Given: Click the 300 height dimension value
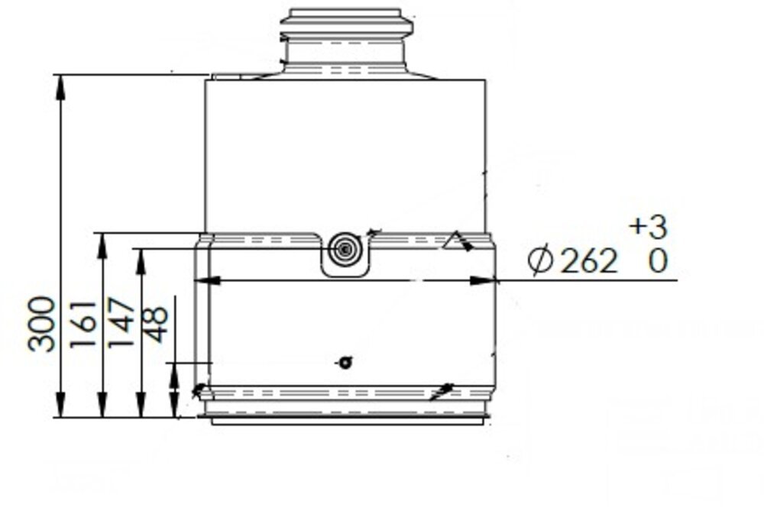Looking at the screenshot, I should coord(41,324).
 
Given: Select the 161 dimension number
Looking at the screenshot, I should coord(83,325).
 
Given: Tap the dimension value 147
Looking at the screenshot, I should coord(122,325).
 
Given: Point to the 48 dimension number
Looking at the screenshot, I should coord(156,325).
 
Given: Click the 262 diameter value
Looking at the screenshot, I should coord(588,262).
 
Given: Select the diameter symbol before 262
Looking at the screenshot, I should coord(540,262).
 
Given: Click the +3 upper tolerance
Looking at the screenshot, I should coord(648,227).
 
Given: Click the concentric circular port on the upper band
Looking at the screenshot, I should coord(345,250).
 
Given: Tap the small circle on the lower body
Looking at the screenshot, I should coord(345,363).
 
